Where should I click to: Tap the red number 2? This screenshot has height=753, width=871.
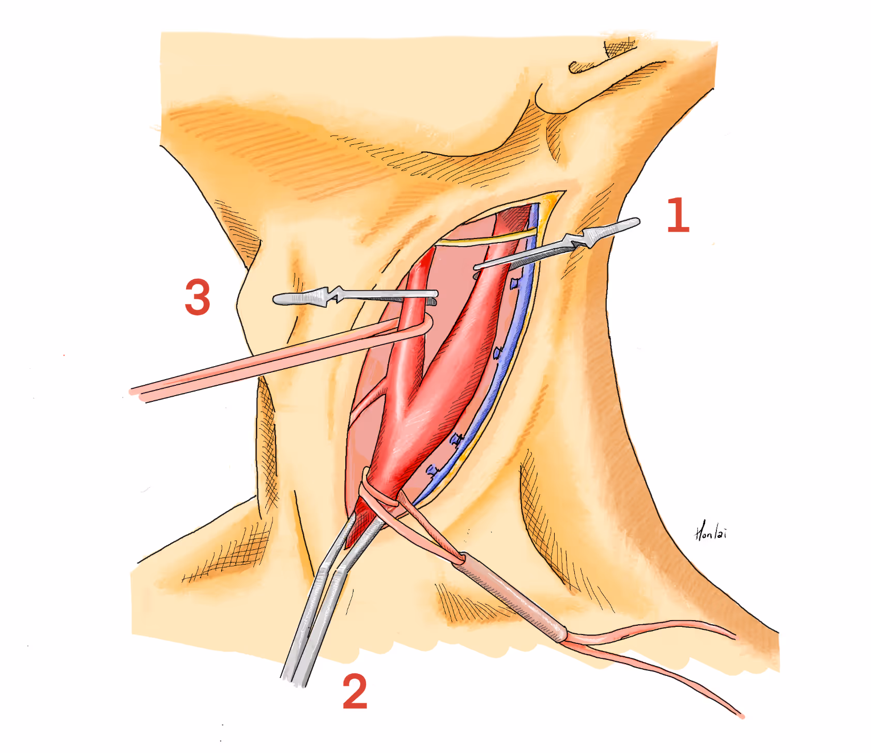(x=355, y=691)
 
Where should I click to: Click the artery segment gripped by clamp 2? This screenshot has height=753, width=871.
(x=362, y=522)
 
